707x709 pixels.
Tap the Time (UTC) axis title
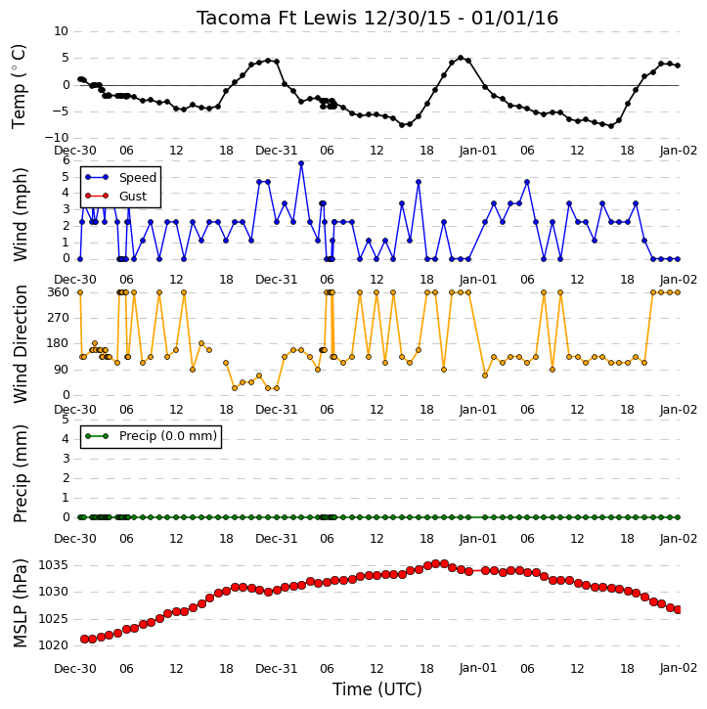point(377,689)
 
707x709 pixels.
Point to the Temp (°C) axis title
point(19,86)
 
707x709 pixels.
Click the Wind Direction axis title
point(20,344)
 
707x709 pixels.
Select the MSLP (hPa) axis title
point(20,603)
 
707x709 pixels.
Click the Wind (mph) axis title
point(20,214)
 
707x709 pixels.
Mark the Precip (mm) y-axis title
point(20,473)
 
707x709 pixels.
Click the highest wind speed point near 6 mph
point(301,163)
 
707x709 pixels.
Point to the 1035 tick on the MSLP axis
point(54,565)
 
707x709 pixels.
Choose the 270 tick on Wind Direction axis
point(58,318)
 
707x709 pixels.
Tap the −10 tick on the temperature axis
point(57,138)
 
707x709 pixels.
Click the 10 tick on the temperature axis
point(61,31)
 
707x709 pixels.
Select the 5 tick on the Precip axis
point(66,420)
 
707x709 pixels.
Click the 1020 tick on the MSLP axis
point(54,645)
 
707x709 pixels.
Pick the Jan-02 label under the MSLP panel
point(678,668)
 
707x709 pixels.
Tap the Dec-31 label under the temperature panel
point(276,151)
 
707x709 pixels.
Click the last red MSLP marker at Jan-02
point(678,610)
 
